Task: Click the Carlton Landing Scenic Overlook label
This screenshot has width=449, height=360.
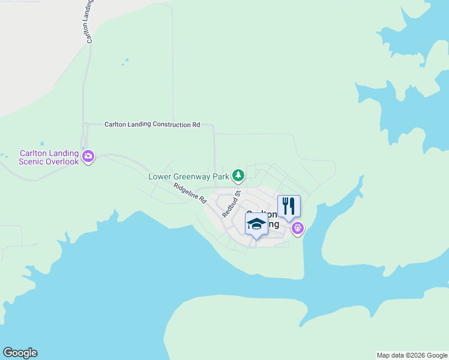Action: (x=49, y=157)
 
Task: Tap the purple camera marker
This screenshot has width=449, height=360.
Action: (x=88, y=157)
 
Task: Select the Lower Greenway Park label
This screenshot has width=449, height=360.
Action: (x=188, y=176)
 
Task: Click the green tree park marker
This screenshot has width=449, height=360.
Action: (x=239, y=175)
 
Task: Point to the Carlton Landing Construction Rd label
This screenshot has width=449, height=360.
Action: (x=152, y=125)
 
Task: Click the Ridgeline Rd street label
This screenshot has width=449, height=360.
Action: (x=190, y=193)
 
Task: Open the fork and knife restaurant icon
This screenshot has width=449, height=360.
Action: (x=289, y=206)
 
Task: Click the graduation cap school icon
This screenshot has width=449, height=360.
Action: (x=256, y=224)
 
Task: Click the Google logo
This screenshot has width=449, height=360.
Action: (x=20, y=353)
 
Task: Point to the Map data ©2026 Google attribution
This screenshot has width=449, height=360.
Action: (x=411, y=355)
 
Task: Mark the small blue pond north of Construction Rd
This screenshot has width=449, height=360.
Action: (x=125, y=61)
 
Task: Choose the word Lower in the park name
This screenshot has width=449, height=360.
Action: (x=160, y=176)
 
